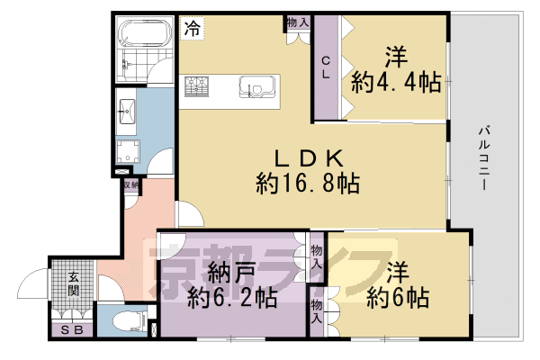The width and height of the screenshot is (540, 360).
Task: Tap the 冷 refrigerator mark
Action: coord(191,29)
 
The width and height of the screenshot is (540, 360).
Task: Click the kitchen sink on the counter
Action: coord(255,88)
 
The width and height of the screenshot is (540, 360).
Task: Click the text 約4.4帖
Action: coord(396,83)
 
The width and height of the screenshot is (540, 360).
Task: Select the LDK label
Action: coord(307,157)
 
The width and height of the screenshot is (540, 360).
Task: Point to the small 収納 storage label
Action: coord(131,186)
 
